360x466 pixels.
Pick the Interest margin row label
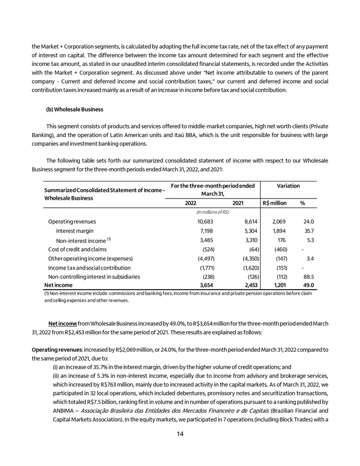coord(75,231)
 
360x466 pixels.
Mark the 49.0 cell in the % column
coord(308,285)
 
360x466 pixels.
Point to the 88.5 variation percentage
coord(308,276)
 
